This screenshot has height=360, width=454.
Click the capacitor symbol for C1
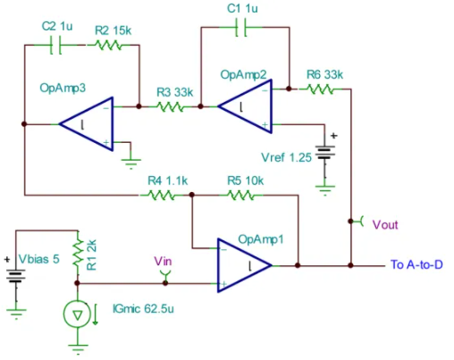(x=241, y=28)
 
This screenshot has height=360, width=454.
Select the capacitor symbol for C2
(x=55, y=46)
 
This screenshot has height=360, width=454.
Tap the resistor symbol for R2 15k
(x=108, y=46)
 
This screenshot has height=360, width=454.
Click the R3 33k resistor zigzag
(x=170, y=106)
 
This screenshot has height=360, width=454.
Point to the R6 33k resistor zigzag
(x=320, y=88)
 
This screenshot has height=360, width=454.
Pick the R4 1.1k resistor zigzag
(x=162, y=196)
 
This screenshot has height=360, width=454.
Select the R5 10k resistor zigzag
(x=240, y=196)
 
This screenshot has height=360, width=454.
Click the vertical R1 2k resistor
(x=78, y=253)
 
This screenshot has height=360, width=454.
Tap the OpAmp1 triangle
(x=245, y=265)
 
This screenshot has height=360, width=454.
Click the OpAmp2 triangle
(x=245, y=106)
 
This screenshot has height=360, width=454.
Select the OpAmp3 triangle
(x=86, y=124)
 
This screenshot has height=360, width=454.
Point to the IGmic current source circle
(x=77, y=314)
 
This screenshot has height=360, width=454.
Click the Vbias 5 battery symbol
(x=16, y=275)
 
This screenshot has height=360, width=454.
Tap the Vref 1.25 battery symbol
(x=325, y=152)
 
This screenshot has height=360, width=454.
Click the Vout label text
(x=385, y=225)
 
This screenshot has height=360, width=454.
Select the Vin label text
(x=163, y=261)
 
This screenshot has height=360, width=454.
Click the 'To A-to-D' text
(x=416, y=264)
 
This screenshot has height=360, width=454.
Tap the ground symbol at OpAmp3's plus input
(x=131, y=163)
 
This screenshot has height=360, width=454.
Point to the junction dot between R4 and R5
(x=192, y=195)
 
